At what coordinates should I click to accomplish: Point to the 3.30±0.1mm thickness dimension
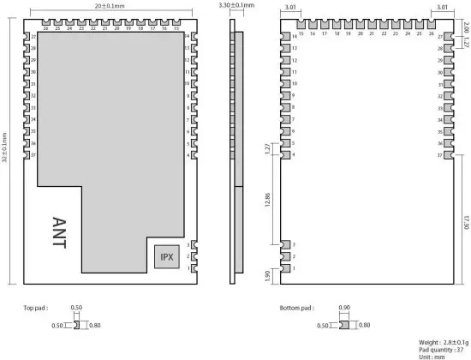point(237,6)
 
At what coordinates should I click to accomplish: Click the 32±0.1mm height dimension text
point(5,147)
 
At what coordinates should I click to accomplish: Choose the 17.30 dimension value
point(465,220)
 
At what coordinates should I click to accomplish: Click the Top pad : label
point(38,307)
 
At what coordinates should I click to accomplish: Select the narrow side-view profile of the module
point(237,154)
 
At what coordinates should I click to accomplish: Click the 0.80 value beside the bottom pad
point(365,325)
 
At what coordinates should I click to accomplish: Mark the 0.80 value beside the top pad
point(94,325)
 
